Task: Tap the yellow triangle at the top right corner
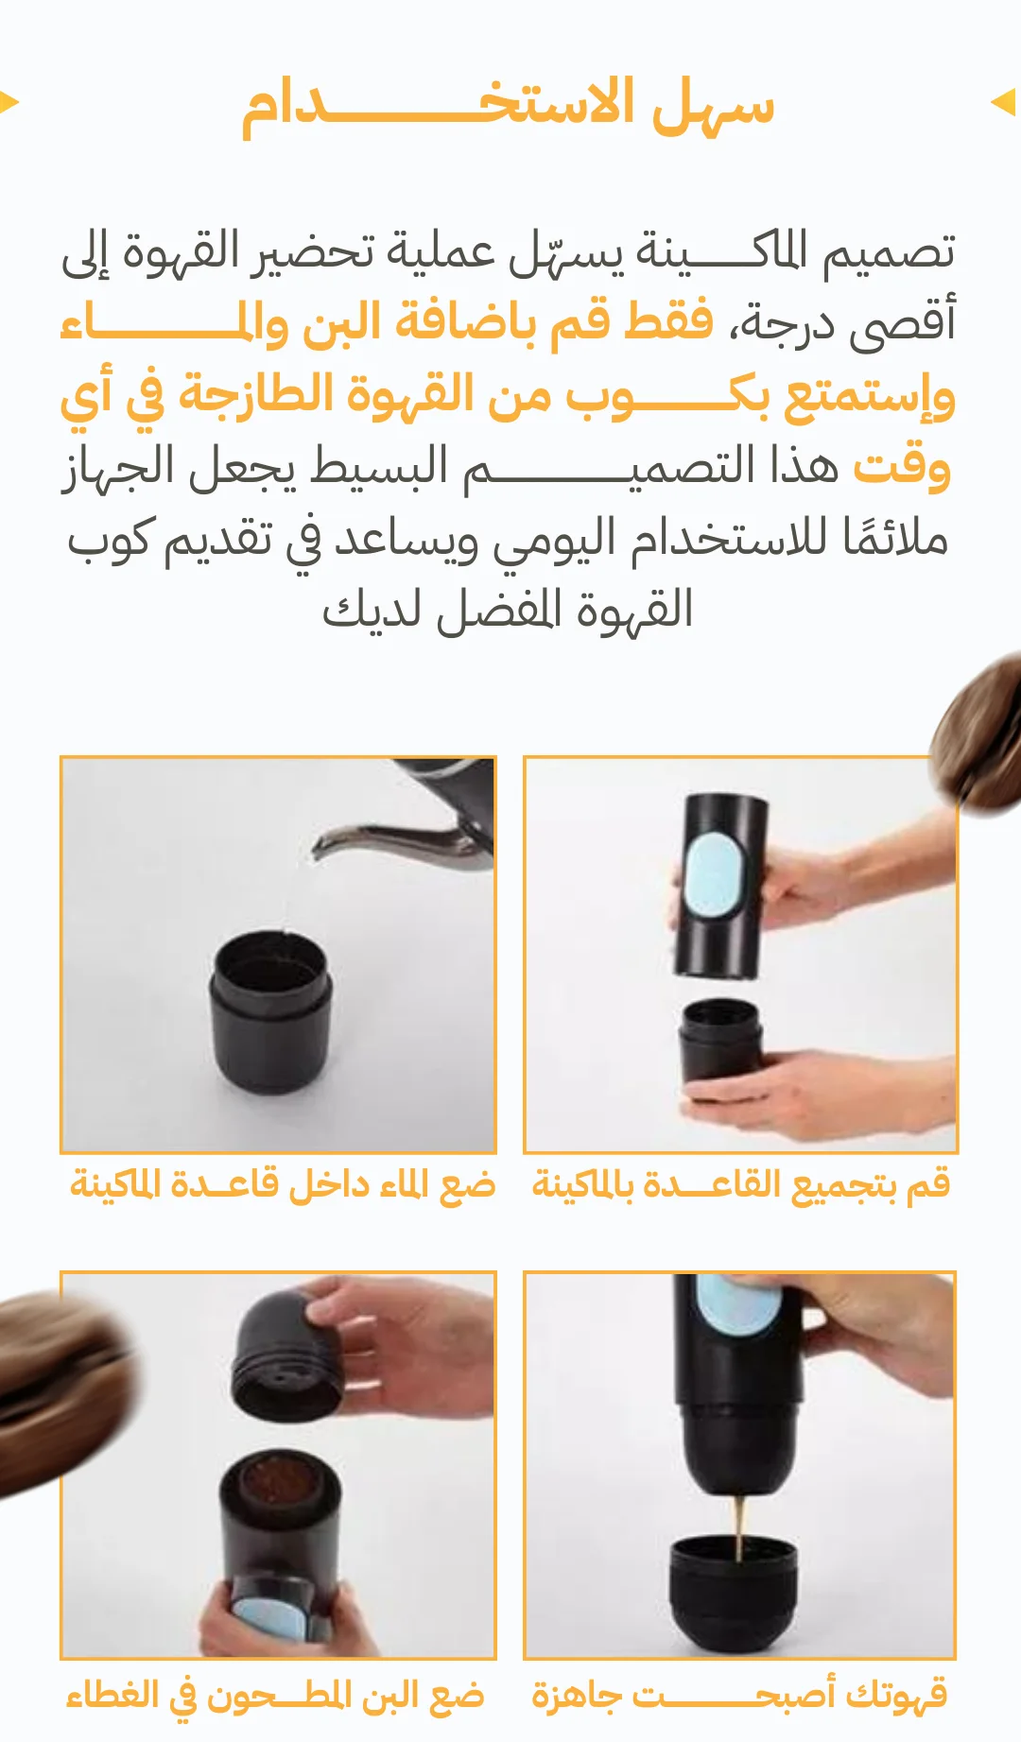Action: (1003, 102)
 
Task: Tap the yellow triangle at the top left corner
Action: (9, 102)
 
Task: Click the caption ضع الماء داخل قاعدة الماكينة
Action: (283, 1184)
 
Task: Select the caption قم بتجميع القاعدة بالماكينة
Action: (741, 1184)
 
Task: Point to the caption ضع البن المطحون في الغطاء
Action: (275, 1695)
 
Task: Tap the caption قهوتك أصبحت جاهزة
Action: (739, 1695)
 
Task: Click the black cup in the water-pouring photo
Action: (270, 1012)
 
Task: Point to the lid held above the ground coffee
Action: (286, 1354)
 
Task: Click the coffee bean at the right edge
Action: (978, 733)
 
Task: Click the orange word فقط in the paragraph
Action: (667, 321)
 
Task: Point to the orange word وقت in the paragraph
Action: (902, 466)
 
